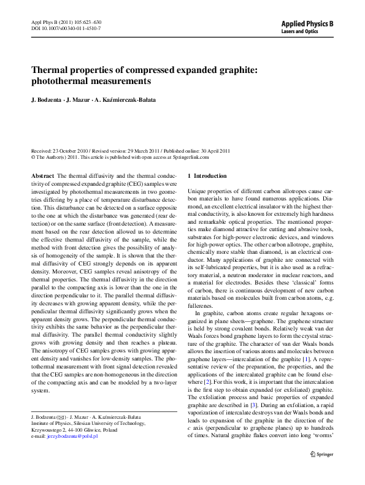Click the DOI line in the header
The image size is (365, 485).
[x=58, y=28]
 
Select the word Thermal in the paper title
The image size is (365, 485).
[x=50, y=71]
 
